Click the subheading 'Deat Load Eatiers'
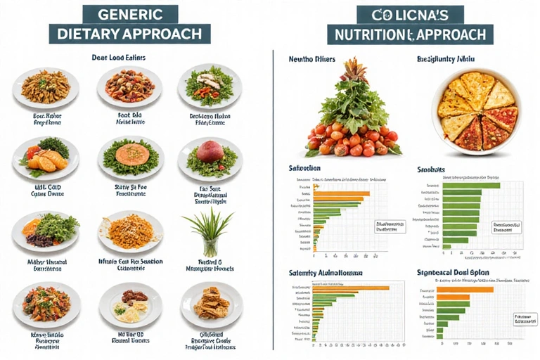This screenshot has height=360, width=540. pos(118,57)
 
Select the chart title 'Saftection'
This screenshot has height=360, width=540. pos(305,169)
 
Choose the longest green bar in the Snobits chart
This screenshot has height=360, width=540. pos(471,185)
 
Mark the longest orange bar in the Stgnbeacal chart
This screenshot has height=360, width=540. pos(466,289)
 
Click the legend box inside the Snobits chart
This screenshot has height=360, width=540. pos(507,226)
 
